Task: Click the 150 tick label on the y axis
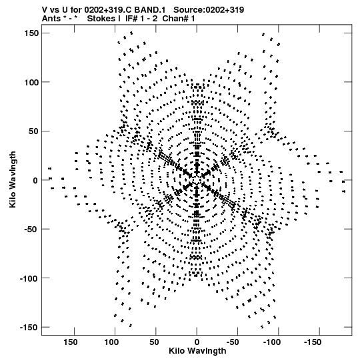coord(31,33)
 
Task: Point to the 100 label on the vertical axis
coord(31,82)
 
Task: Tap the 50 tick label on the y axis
coord(34,131)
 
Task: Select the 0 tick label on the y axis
coord(35,180)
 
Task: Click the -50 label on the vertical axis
coord(31,230)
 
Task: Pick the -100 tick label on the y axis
coord(29,278)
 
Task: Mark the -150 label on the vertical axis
coord(29,328)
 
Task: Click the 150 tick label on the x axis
coord(71,342)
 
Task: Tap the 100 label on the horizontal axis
coord(111,342)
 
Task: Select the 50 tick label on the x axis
coord(154,342)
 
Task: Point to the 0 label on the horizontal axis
coord(197,342)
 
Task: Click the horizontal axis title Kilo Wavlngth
coord(197,351)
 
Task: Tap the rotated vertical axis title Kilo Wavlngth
coord(13,179)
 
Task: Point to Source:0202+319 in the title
coord(209,10)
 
